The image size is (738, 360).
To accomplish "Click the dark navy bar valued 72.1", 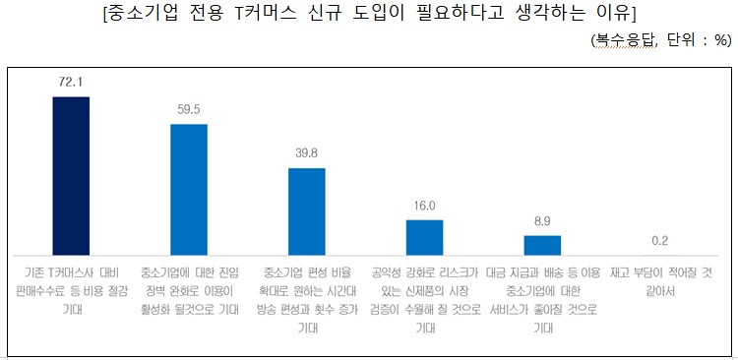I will [x=71, y=175].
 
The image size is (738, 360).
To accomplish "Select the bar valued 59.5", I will [x=189, y=189].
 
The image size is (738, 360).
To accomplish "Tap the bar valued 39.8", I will [x=306, y=211].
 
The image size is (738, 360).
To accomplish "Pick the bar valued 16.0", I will [x=424, y=237].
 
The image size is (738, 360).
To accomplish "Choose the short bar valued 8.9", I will [x=542, y=245].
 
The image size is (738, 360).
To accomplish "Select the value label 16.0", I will [x=424, y=207].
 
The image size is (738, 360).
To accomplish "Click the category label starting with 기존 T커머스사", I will [x=71, y=290].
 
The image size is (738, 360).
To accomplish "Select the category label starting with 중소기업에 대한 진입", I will [x=189, y=290].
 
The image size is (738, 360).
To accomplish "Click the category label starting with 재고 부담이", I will [x=660, y=280].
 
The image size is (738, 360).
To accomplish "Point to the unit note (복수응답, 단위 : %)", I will [x=659, y=40].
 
